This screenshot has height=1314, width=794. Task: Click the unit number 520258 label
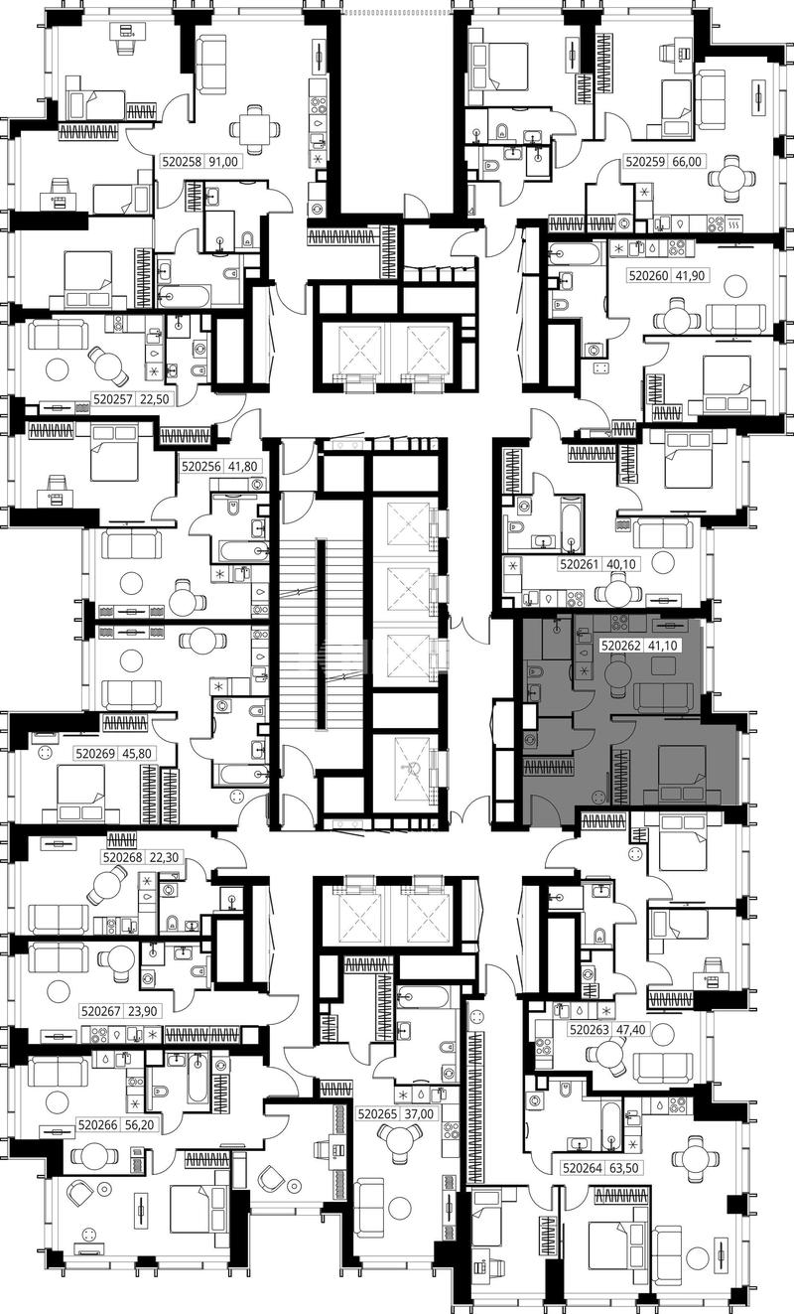(x=182, y=161)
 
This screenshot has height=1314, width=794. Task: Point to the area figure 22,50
(x=154, y=399)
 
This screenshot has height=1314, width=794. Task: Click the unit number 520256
(x=201, y=467)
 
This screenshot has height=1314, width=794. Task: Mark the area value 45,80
(x=137, y=753)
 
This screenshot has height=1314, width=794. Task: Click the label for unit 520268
(x=122, y=857)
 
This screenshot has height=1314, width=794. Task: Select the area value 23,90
(x=143, y=1011)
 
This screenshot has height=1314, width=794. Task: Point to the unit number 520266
(x=98, y=1125)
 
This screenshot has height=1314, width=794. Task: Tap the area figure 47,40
(x=631, y=1029)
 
